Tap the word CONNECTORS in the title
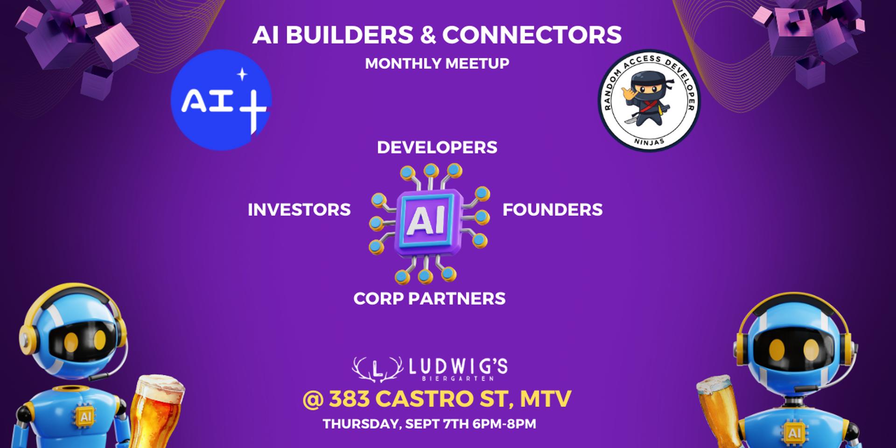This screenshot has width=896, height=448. pos(532,35)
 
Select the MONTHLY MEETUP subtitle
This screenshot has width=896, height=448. pos(437,63)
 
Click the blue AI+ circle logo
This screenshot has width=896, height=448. pos(221,100)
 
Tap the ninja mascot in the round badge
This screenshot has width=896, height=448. pos(649,99)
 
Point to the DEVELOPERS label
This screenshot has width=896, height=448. pos(437,147)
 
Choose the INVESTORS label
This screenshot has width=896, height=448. pos(299,210)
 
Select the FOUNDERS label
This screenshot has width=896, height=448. pos(553,210)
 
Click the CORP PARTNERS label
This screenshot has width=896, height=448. pos(429,299)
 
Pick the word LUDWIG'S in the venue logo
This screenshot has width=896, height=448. pos(458,367)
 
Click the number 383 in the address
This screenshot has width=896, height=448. pos(350,399)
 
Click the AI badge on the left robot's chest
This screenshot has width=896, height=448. pos(85,417)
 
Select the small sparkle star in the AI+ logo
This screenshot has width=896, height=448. pos(242,74)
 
